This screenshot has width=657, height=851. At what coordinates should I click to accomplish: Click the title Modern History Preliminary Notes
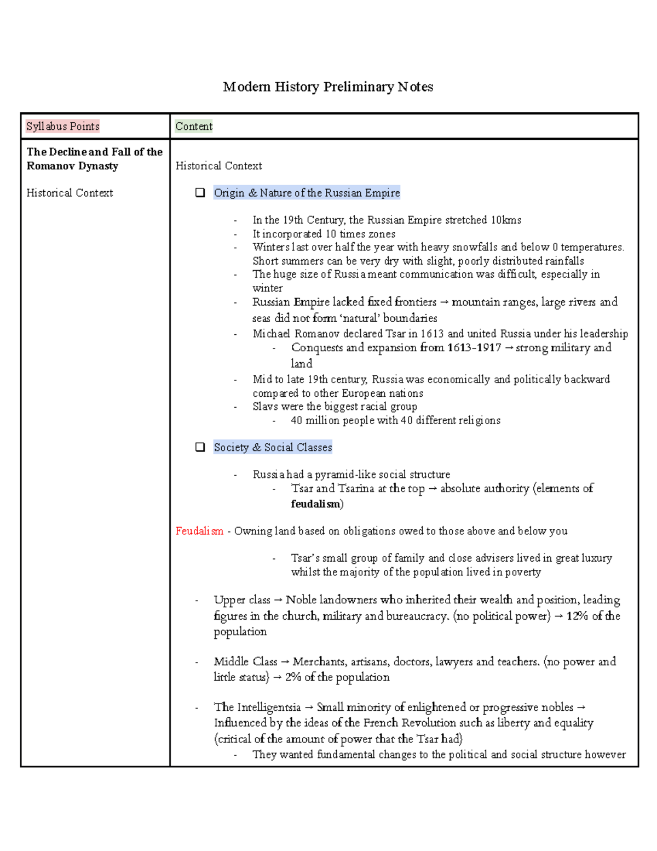[x=328, y=87]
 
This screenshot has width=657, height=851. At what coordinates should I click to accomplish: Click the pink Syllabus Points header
[x=62, y=127]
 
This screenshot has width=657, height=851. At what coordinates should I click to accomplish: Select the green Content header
[x=194, y=127]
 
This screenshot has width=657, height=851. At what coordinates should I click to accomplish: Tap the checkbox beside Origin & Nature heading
[x=200, y=193]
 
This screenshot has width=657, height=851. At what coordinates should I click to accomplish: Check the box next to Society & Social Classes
[x=200, y=447]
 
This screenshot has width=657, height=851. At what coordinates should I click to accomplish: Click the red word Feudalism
[x=199, y=531]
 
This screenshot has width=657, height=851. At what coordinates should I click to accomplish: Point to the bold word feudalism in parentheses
[x=315, y=504]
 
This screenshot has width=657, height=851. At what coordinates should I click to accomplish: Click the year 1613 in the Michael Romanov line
[x=432, y=334]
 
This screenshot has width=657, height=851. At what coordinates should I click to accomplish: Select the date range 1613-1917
[x=474, y=348]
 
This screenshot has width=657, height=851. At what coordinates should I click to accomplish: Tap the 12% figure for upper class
[x=577, y=616]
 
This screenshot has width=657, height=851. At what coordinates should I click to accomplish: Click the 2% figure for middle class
[x=293, y=677]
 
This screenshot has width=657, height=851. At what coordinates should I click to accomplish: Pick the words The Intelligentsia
[x=257, y=707]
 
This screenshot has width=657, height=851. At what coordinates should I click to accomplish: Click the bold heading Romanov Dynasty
[x=72, y=166]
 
